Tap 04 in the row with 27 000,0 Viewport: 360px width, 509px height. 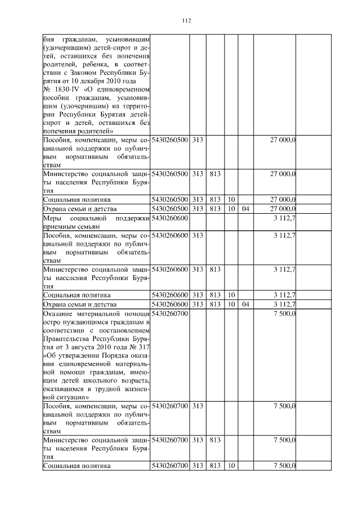(245, 208)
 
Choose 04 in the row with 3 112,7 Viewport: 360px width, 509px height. (245, 304)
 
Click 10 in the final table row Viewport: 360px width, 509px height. (231, 466)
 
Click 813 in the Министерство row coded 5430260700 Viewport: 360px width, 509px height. (214, 440)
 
